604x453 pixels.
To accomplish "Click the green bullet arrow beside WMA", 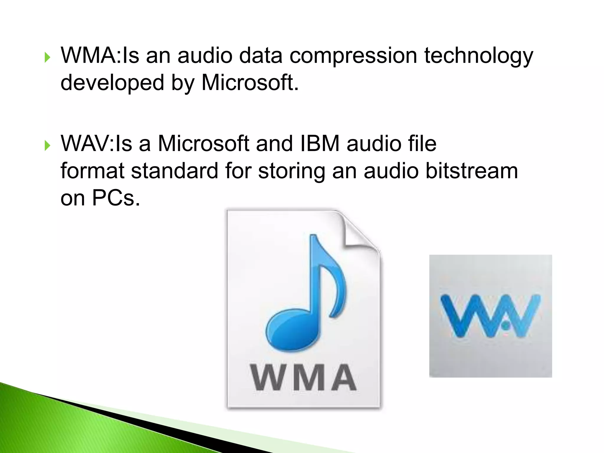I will coord(47,57).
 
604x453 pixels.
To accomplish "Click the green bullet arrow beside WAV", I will coord(47,145).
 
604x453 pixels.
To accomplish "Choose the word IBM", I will coord(320,144).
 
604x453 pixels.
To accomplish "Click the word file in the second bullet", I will coord(421,144).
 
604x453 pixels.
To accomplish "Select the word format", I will coord(92,171).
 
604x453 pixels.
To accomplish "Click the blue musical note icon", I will coord(307,295).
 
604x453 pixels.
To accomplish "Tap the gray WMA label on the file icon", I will coord(303,377).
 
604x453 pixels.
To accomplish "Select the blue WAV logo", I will coord(490,316).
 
